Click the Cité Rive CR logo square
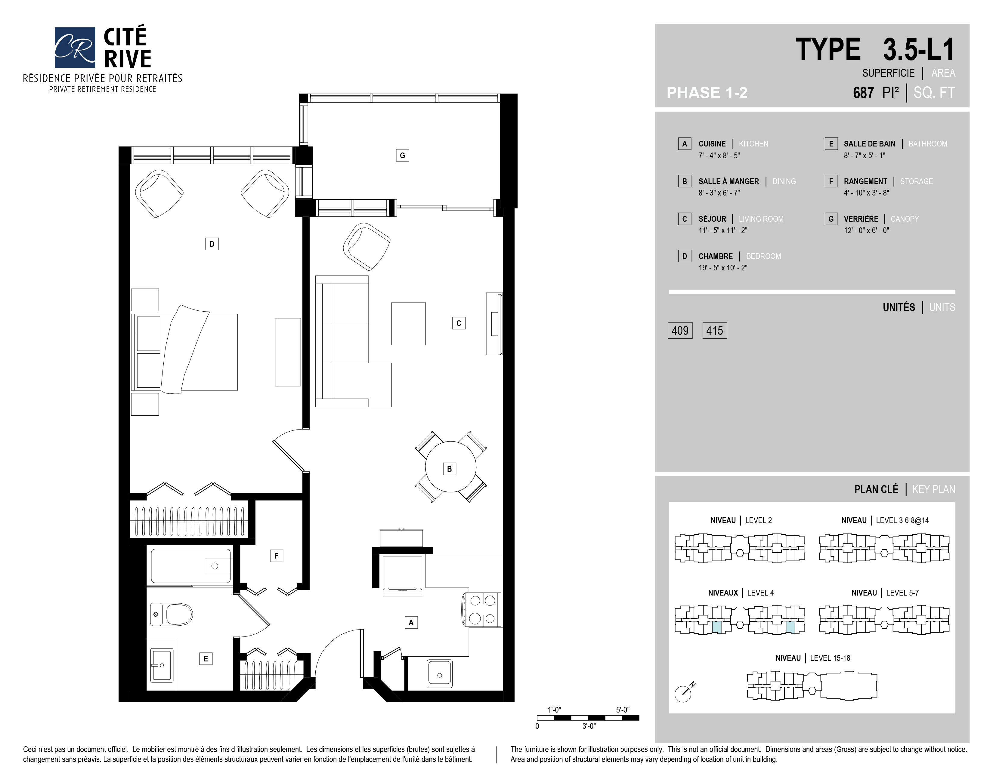(75, 47)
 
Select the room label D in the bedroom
(212, 244)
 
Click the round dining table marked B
(450, 467)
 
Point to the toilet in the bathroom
(172, 614)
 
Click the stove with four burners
(482, 610)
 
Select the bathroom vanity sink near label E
(161, 665)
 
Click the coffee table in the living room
(408, 324)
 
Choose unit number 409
(680, 330)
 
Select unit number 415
(715, 330)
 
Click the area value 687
(863, 93)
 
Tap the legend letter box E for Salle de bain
(831, 143)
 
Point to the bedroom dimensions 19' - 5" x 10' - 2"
(723, 268)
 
